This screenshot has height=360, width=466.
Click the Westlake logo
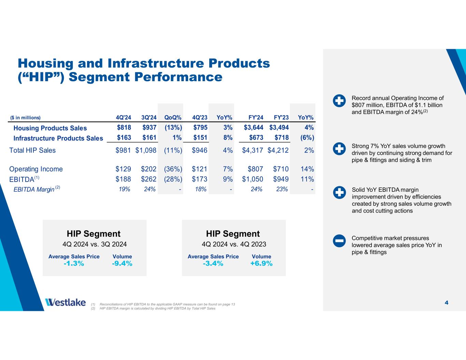(65, 302)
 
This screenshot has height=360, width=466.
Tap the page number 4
(447, 303)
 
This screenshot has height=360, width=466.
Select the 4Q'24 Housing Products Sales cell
(124, 128)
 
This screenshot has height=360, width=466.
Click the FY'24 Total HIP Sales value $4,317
(253, 150)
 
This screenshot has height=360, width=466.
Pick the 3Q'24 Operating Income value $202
(149, 169)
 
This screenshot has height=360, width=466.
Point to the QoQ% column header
(173, 118)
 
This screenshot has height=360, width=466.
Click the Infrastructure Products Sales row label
(58, 138)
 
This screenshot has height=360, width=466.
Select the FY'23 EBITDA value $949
(281, 179)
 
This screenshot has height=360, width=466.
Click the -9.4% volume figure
(122, 263)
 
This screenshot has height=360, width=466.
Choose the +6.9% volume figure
(262, 263)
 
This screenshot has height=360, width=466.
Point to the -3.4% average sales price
(213, 263)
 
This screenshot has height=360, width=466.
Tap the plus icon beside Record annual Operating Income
(339, 101)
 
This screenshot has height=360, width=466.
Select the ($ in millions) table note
(25, 118)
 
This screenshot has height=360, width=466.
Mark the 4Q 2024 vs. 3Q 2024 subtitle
(95, 244)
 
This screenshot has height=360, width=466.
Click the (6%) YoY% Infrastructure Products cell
(306, 138)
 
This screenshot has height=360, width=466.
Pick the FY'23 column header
(281, 118)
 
